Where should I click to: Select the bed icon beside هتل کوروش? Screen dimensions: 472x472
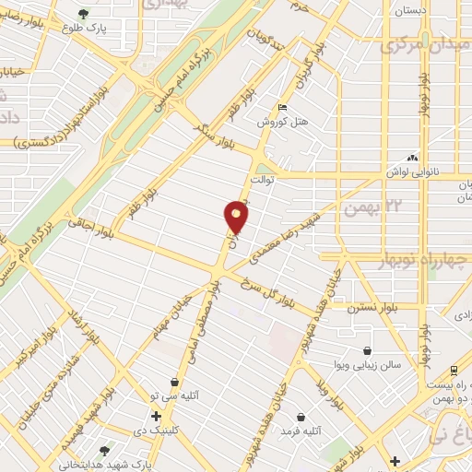(282, 110)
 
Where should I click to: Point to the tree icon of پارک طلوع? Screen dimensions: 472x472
(84, 14)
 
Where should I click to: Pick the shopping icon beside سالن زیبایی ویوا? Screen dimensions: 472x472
(368, 351)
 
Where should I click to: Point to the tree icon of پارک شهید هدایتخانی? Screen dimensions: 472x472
(103, 451)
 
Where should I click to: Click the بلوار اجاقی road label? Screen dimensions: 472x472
(90, 226)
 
